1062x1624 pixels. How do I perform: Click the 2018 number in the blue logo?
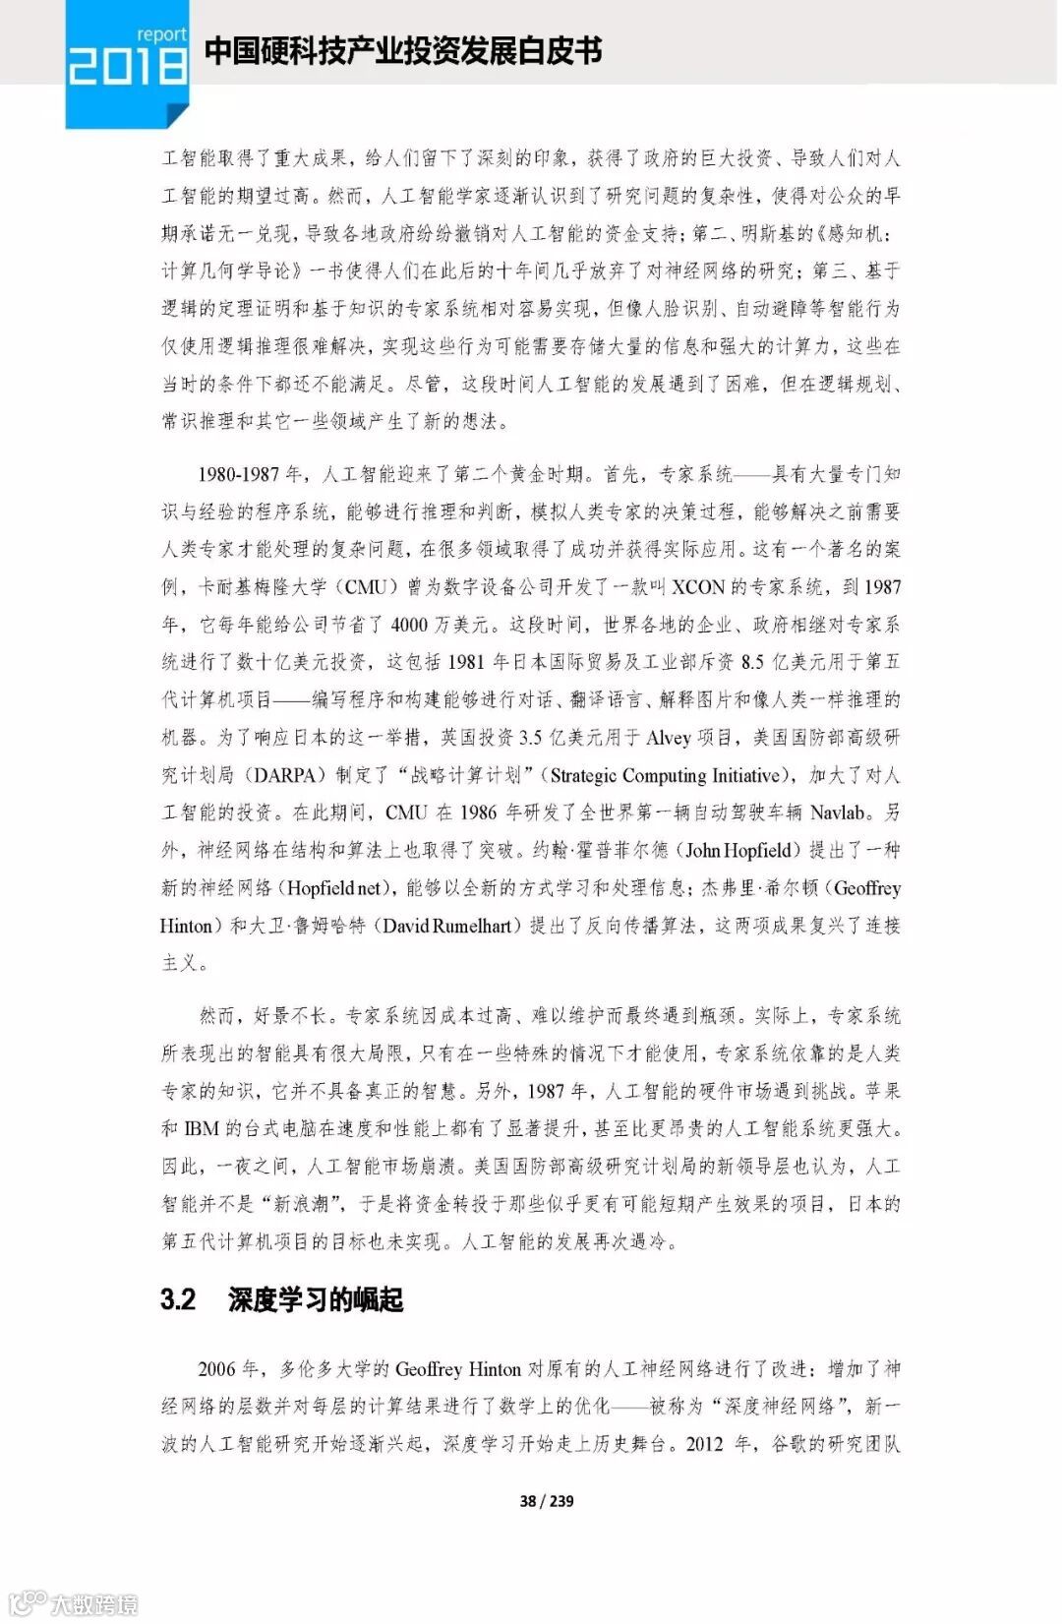coord(127,67)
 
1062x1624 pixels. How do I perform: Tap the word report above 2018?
coord(161,34)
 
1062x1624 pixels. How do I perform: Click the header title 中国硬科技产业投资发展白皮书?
coord(403,51)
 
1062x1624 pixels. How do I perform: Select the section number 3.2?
coord(178,1299)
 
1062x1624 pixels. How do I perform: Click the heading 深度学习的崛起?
coord(316,1299)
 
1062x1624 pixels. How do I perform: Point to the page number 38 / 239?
coord(546,1500)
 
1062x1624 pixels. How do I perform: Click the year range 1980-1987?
coord(238,474)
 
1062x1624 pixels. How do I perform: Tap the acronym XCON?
coord(698,587)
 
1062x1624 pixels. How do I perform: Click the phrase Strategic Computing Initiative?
coord(666,775)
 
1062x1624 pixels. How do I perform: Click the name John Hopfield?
coord(737,850)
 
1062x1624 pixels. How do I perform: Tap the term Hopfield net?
coord(334,888)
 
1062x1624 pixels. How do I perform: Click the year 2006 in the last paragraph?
coord(216,1368)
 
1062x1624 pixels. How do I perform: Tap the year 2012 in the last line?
coord(704,1444)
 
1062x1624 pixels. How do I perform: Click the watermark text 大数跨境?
coord(93,1604)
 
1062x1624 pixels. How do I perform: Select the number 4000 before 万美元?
coord(408,625)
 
